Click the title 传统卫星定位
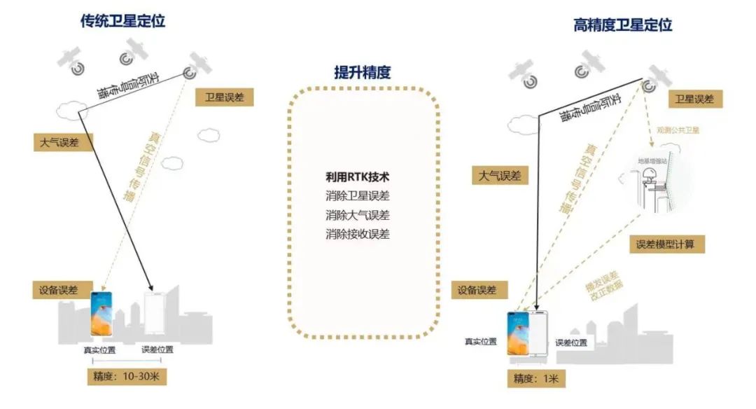click(x=122, y=21)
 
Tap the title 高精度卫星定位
click(x=622, y=25)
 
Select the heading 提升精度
click(x=362, y=72)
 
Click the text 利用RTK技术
click(x=357, y=176)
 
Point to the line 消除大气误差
click(x=357, y=214)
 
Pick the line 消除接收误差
click(x=357, y=234)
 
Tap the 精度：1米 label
click(x=536, y=379)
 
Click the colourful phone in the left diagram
click(x=101, y=314)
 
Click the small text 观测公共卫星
click(x=678, y=130)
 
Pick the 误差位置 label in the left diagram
click(x=157, y=349)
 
